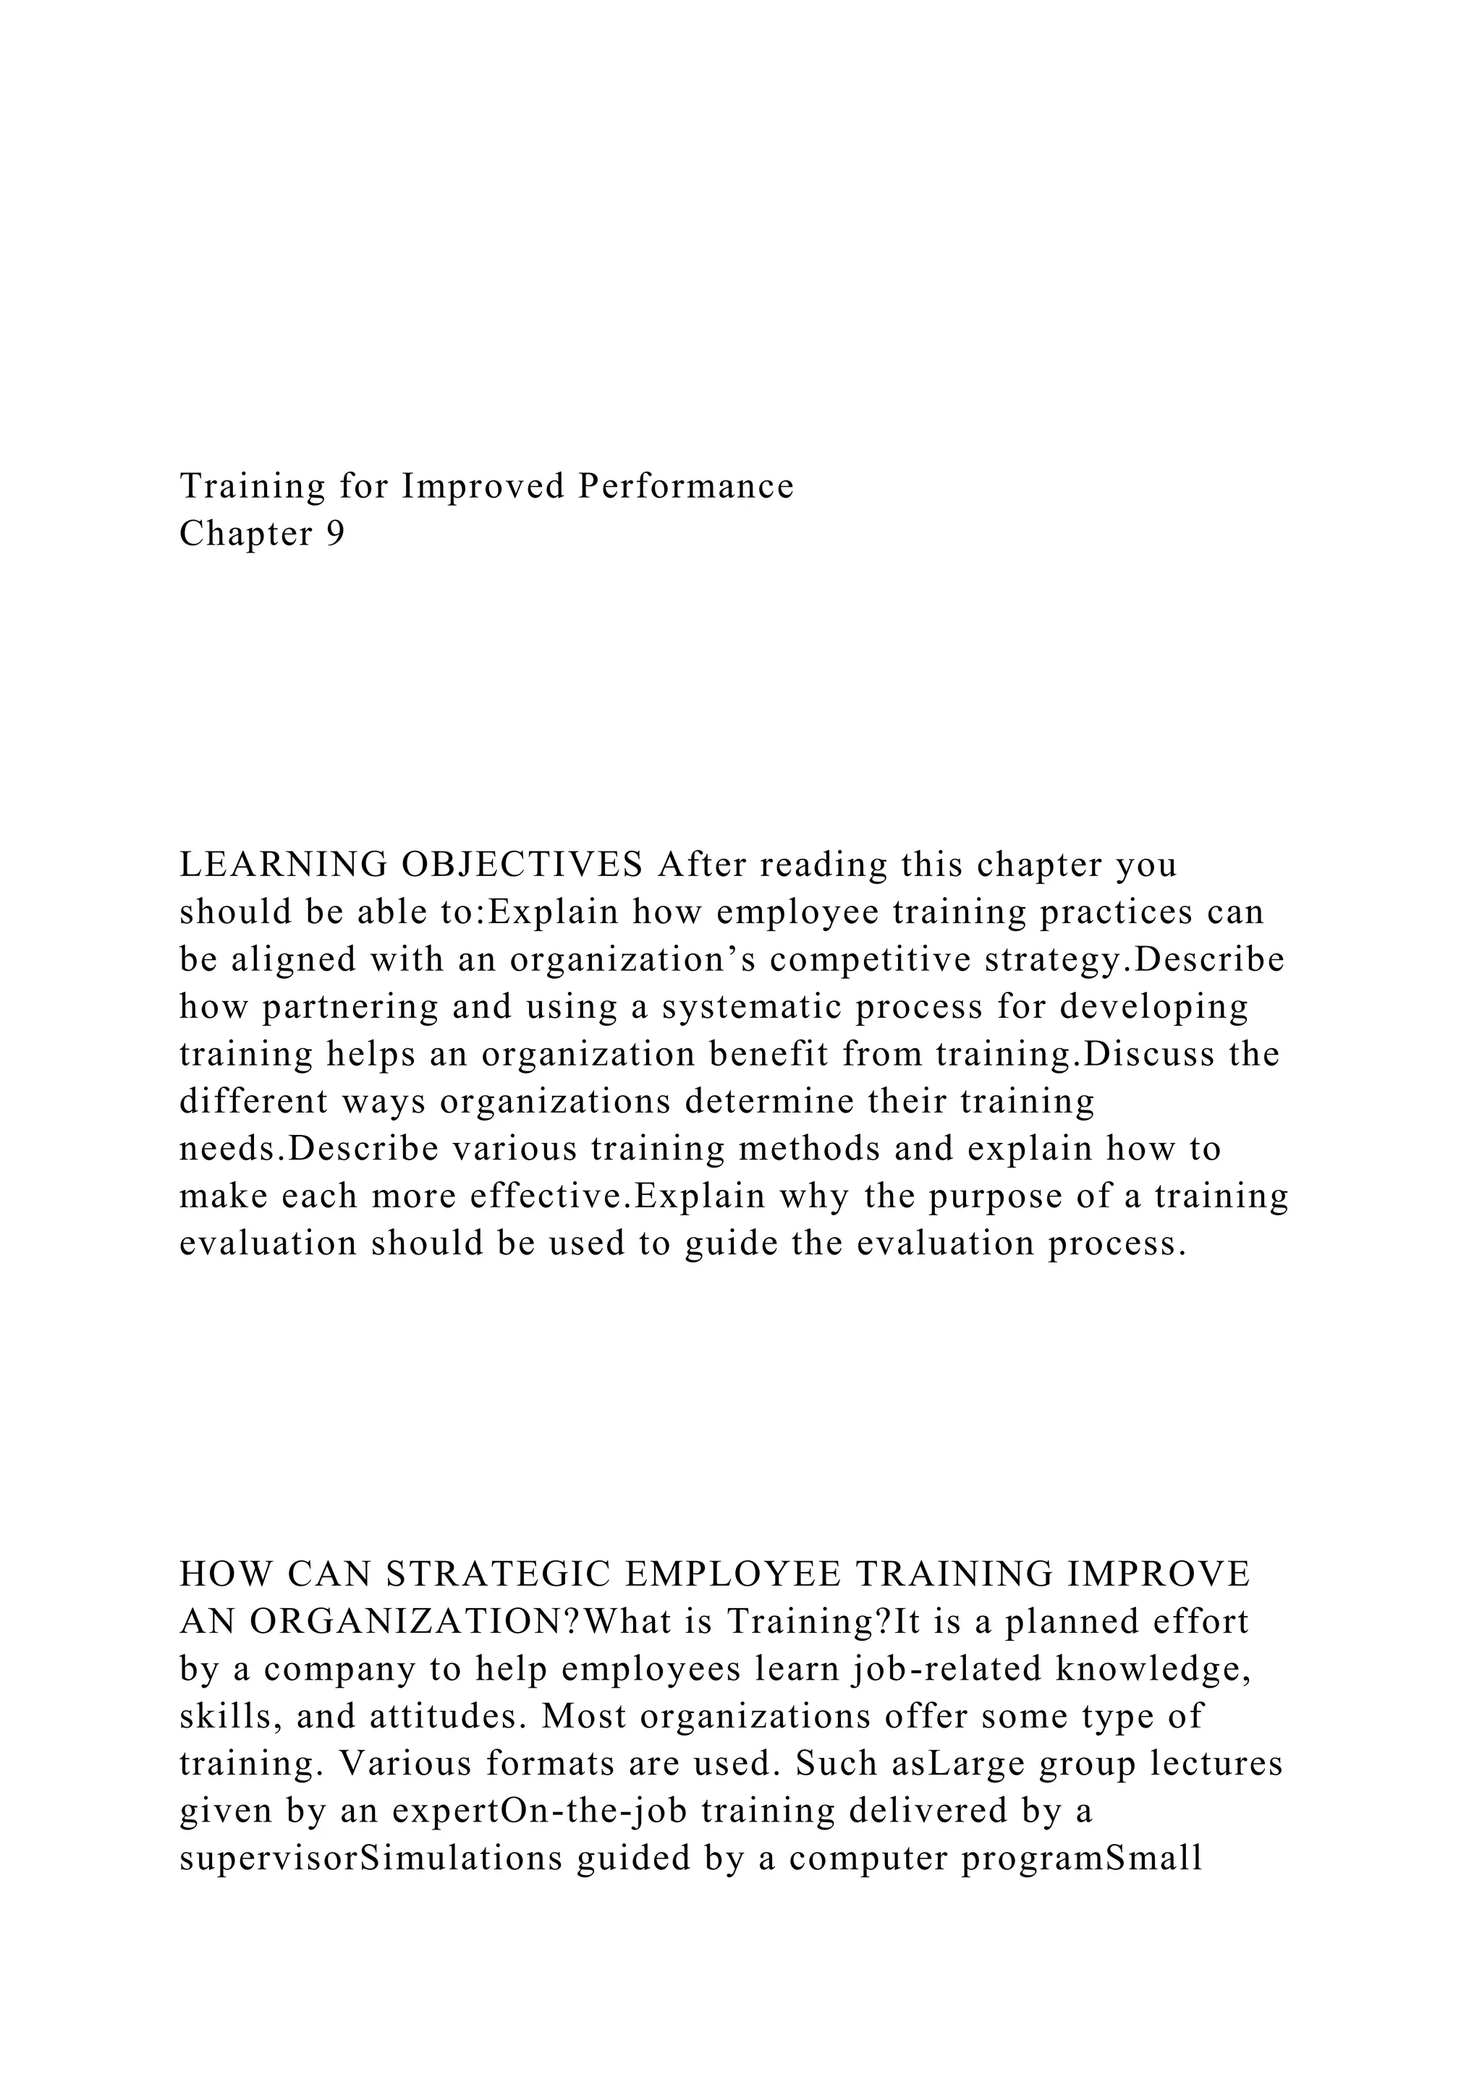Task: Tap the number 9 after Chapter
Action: [335, 534]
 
